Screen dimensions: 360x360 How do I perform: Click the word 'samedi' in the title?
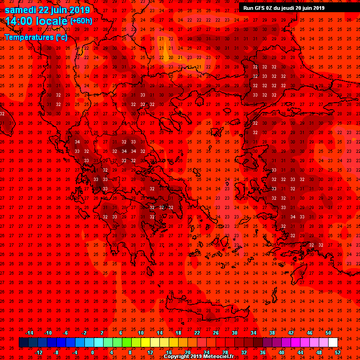pos(20,10)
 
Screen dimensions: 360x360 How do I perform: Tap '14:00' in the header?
pos(18,21)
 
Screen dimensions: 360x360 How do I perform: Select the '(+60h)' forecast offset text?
pos(81,21)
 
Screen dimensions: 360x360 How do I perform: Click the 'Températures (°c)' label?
pos(36,37)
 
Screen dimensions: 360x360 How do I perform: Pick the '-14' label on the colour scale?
pos(29,333)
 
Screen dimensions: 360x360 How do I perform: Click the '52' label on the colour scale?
pos(338,352)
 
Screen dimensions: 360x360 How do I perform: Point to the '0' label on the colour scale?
pos(92,352)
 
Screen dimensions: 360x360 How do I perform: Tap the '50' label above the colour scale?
pos(328,333)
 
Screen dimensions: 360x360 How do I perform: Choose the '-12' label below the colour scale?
pos(38,352)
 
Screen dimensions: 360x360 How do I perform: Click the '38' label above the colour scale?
pos(272,333)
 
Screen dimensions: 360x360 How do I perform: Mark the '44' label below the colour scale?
pos(300,352)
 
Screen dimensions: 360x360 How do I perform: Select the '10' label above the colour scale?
pos(141,333)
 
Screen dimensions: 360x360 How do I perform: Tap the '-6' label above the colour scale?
pos(66,333)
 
